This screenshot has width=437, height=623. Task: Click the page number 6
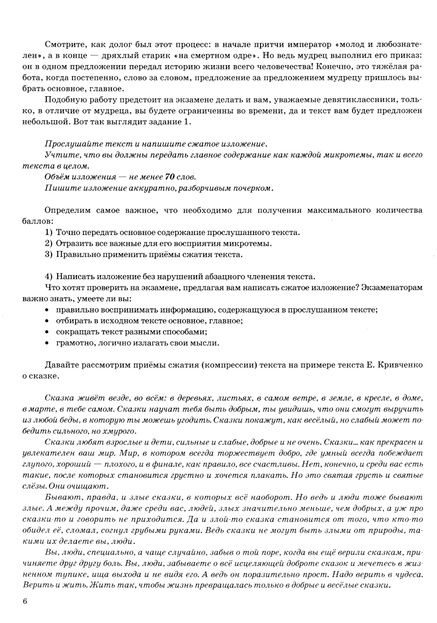[x=24, y=602]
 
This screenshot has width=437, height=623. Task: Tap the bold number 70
[x=170, y=177]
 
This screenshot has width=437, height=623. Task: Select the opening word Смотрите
[x=62, y=45]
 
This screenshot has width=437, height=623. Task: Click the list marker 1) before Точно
[x=49, y=232]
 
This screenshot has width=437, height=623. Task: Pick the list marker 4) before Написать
[x=49, y=277]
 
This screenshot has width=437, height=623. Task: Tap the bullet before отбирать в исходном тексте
[x=47, y=321]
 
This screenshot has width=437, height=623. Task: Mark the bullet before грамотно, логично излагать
[x=47, y=343]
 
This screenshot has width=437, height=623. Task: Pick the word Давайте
[x=61, y=365]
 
